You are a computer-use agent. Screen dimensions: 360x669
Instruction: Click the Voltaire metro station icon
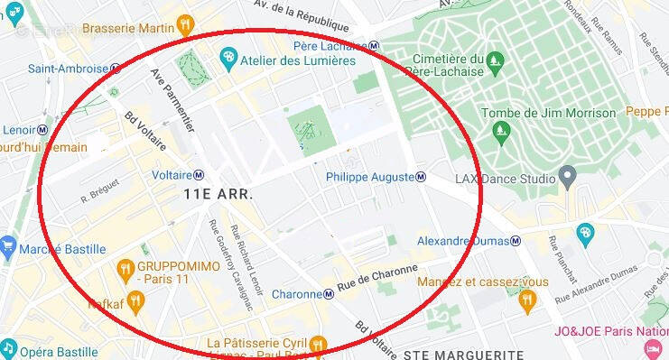(x=199, y=174)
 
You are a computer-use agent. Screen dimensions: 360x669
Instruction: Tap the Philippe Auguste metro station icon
(x=421, y=177)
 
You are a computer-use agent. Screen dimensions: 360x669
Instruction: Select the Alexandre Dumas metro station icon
(x=516, y=241)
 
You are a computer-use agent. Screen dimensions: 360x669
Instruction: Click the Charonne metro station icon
(x=329, y=294)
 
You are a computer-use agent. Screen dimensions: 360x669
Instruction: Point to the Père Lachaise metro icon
(x=374, y=46)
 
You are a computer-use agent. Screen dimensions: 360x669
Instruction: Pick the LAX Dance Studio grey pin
(x=567, y=175)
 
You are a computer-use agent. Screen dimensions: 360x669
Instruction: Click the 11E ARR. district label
(x=218, y=194)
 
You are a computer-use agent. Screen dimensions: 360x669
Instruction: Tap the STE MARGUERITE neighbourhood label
(x=463, y=353)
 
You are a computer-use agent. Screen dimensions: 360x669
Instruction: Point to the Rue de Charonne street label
(x=377, y=280)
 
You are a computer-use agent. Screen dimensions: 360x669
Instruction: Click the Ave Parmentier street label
(x=172, y=100)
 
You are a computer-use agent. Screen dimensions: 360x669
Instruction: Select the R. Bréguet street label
(x=99, y=194)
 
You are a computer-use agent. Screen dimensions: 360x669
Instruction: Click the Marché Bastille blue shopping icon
(x=8, y=245)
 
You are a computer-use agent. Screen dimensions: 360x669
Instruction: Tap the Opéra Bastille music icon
(x=8, y=348)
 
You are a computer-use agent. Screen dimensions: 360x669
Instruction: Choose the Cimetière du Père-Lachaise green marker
(x=493, y=61)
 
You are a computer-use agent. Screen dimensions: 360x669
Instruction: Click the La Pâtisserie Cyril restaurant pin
(x=317, y=344)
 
